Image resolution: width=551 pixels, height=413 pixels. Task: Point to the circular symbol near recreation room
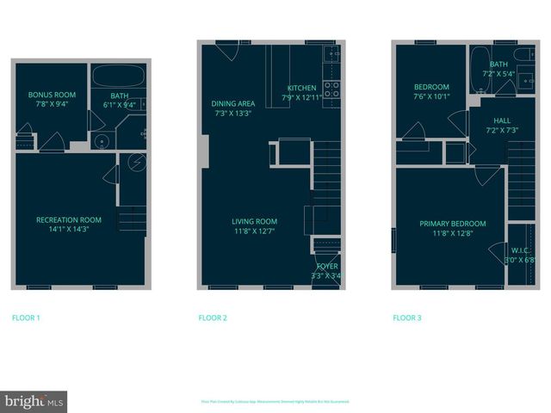tap(138, 163)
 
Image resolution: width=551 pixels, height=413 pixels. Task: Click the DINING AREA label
tap(232, 104)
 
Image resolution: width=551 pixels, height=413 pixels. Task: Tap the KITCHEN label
tap(301, 88)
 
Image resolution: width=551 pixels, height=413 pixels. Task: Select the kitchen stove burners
tap(331, 89)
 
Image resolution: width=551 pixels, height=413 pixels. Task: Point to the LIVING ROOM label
tap(255, 221)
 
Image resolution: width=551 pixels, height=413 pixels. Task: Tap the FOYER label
tap(326, 268)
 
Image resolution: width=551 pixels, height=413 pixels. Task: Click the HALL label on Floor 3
tap(502, 120)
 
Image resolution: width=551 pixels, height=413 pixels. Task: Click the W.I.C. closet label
tap(521, 250)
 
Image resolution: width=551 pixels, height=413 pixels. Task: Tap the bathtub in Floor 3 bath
tap(479, 66)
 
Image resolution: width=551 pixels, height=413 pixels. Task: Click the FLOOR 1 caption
tap(26, 318)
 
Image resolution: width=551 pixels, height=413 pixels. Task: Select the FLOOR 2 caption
tap(213, 318)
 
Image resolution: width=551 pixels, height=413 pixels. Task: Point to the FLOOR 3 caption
tap(407, 318)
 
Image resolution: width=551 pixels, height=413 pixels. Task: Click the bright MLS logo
tap(34, 401)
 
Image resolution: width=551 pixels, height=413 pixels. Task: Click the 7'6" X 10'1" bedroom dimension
tap(431, 96)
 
